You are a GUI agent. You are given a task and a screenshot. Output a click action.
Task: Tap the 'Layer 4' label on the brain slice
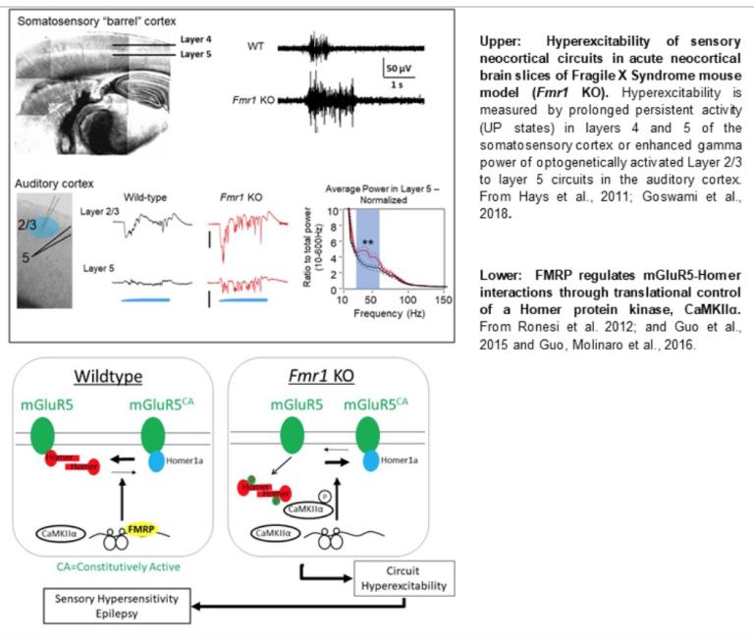(197, 39)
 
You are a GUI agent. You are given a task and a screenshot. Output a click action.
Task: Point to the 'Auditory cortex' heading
(55, 183)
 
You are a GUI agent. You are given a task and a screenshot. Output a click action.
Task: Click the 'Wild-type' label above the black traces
(145, 195)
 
